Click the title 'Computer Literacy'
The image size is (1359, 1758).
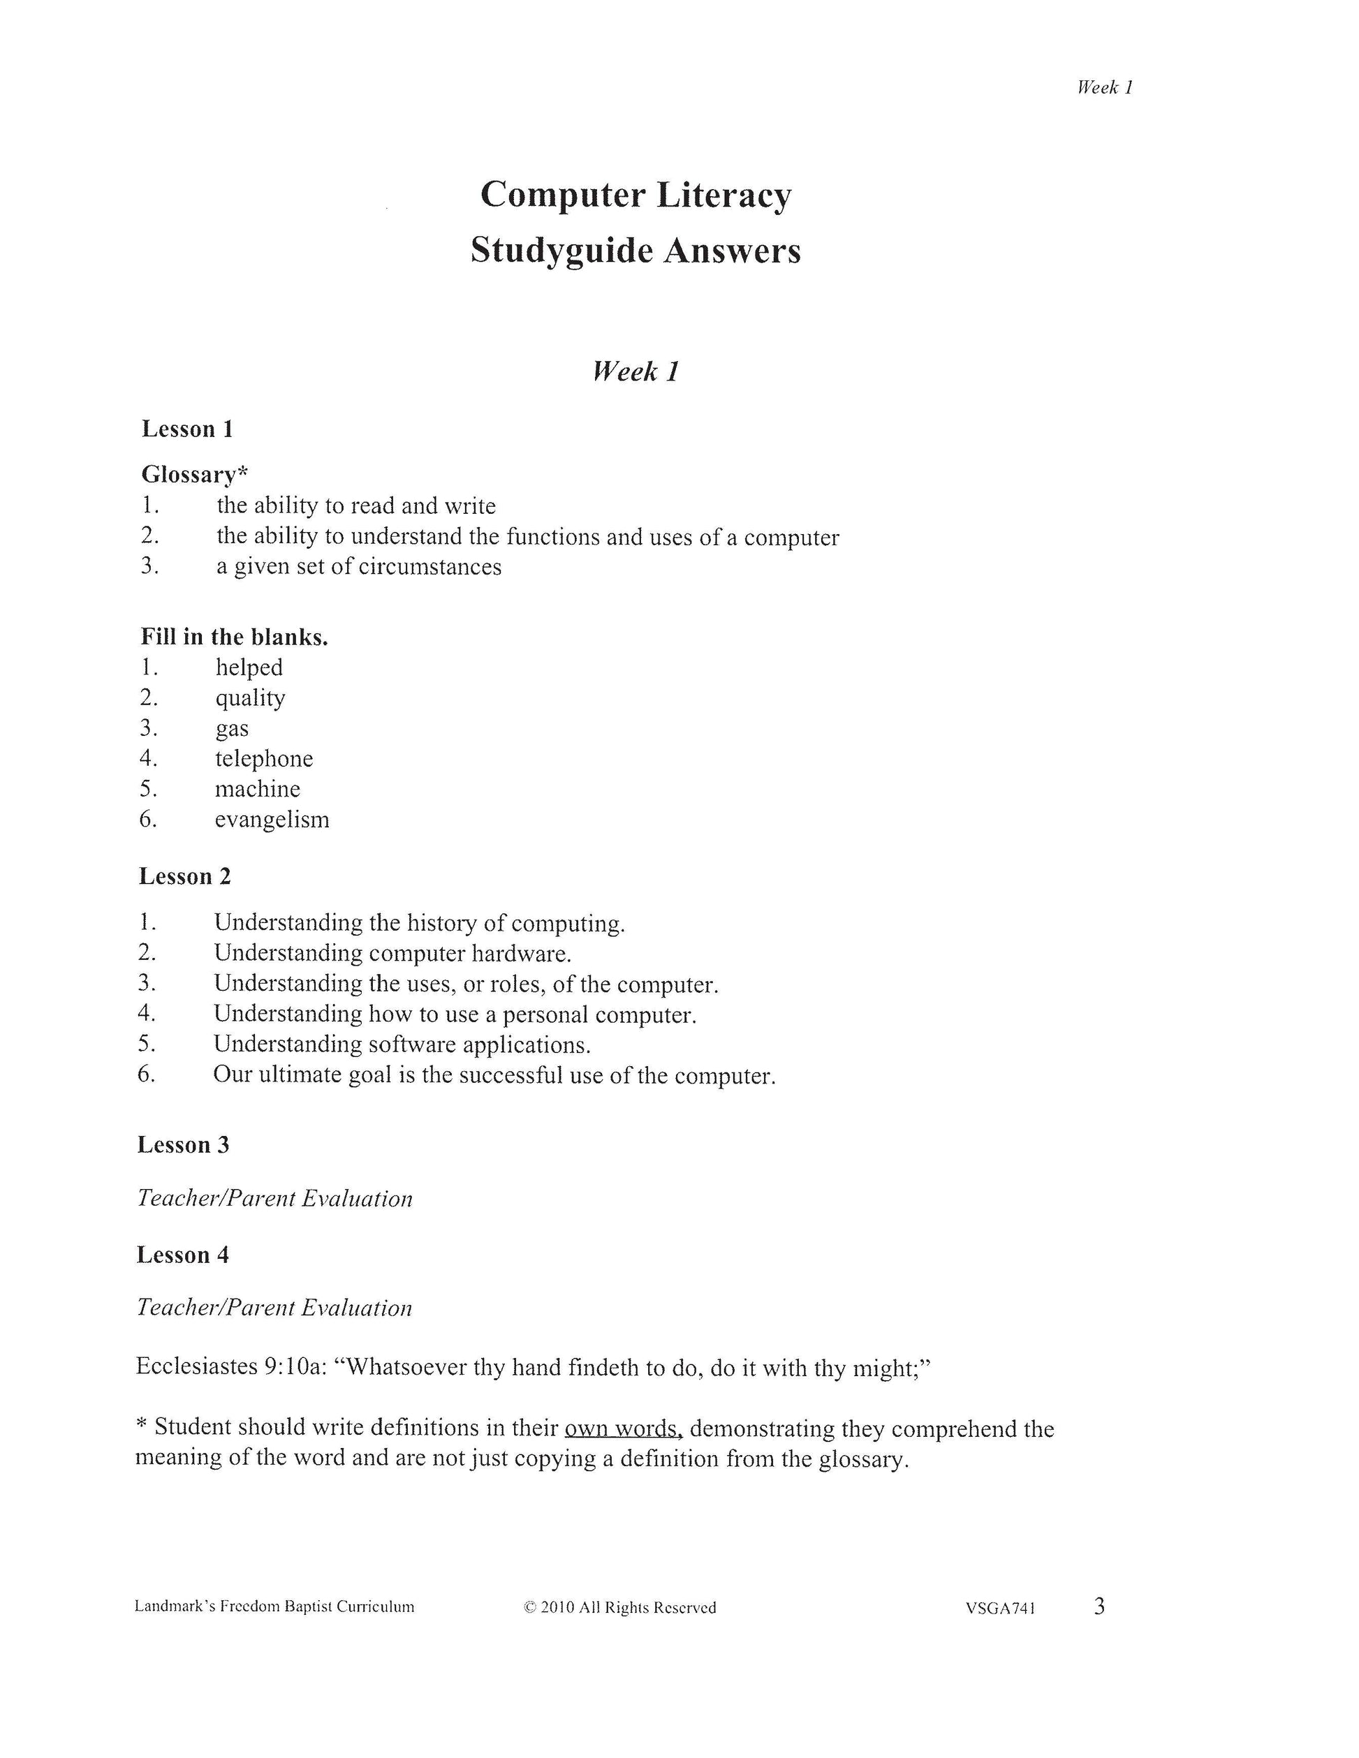636,195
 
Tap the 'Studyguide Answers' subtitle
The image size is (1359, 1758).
636,251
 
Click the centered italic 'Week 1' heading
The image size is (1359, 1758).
636,371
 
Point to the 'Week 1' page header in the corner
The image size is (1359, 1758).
1105,88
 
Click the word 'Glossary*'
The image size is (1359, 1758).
194,474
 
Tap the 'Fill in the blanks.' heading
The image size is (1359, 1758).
234,637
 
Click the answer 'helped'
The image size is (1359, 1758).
249,667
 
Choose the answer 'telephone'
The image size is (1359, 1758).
263,758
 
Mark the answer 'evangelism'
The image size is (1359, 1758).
272,820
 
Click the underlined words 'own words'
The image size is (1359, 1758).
623,1428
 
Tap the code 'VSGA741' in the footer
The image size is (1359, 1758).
1000,1609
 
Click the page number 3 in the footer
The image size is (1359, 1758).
1099,1606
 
